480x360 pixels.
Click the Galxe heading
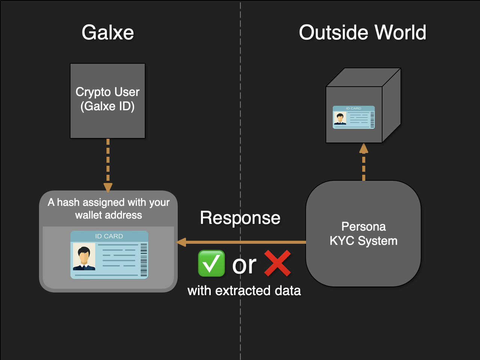click(108, 33)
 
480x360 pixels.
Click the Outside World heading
click(362, 33)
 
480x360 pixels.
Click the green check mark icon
click(211, 264)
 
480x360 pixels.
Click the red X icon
click(277, 263)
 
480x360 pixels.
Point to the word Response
click(240, 218)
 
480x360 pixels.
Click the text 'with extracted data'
click(244, 291)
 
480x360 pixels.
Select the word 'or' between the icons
click(244, 265)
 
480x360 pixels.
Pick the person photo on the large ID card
click(84, 257)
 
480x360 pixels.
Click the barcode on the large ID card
click(144, 260)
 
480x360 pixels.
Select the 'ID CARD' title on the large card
click(109, 236)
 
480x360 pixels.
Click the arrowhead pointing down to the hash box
click(108, 187)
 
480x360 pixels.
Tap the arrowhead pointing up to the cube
click(363, 148)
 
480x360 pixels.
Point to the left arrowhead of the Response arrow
click(181, 242)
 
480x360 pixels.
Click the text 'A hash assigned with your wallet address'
click(108, 208)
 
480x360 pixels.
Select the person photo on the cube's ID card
click(340, 118)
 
